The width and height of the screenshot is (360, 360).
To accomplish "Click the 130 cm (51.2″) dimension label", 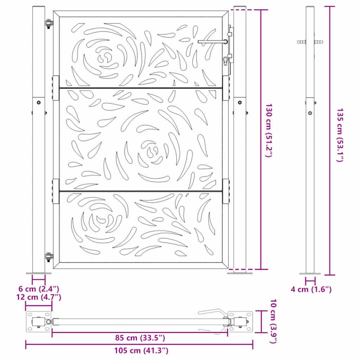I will tap(269, 130).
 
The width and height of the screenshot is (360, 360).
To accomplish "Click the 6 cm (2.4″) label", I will tap(38, 289).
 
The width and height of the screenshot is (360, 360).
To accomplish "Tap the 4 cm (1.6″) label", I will tap(311, 290).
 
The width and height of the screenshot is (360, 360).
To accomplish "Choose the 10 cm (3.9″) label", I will tap(272, 322).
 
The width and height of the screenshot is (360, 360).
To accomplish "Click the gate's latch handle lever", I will tap(211, 41).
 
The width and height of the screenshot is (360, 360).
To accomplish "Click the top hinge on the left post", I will tap(48, 24).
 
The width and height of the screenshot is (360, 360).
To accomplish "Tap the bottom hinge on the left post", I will tap(48, 257).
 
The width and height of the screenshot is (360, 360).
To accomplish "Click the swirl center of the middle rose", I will tap(152, 150).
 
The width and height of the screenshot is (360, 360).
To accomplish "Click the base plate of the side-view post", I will tap(310, 273).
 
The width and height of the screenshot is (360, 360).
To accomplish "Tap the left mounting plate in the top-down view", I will tap(38, 322).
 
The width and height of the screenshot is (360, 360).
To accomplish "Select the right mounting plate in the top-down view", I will tap(240, 322).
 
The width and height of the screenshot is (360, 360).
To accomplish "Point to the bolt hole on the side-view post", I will tap(310, 114).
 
